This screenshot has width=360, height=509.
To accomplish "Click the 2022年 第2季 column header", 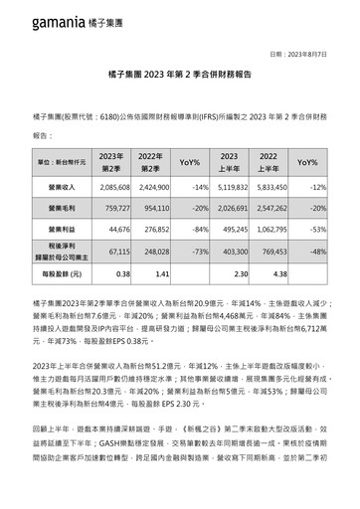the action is pyautogui.click(x=149, y=161).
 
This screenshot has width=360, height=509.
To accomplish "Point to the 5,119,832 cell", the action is pyautogui.click(x=234, y=186).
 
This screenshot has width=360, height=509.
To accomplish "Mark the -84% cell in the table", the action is pyautogui.click(x=196, y=229).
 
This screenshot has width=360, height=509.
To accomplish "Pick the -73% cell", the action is pyautogui.click(x=196, y=253).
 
